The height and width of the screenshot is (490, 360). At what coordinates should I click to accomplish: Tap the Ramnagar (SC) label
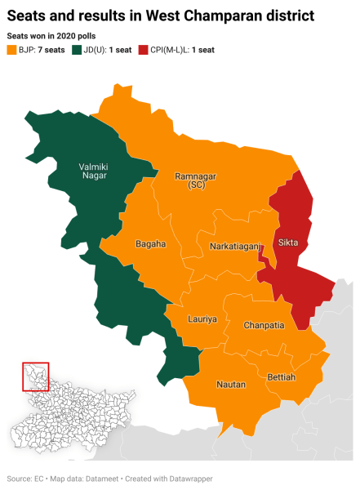click(x=196, y=180)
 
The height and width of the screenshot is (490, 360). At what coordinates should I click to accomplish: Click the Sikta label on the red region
click(x=287, y=243)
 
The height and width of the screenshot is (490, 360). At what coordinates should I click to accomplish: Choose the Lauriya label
click(x=202, y=319)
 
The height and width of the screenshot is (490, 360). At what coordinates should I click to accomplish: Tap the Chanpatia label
click(x=264, y=325)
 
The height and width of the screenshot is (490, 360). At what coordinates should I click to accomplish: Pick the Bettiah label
click(x=282, y=376)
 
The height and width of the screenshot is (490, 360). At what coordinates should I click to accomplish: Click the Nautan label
click(x=230, y=384)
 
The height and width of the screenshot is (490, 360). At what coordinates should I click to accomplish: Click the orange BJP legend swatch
click(x=11, y=51)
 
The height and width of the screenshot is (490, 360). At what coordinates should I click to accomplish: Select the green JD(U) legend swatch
click(x=78, y=51)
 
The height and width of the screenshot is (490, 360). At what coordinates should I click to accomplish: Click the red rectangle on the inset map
click(x=36, y=376)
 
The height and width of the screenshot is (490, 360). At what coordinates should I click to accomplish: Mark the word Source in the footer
click(x=19, y=479)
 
